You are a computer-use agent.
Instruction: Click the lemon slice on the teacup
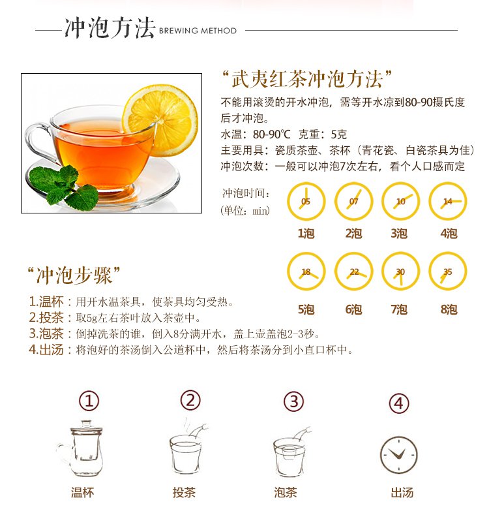pos(160,120)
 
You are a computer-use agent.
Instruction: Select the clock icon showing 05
pos(306,201)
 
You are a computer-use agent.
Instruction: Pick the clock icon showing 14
pos(448,201)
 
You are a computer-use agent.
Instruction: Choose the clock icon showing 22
pos(354,272)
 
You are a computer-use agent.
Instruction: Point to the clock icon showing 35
pos(448,272)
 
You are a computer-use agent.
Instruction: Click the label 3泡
pos(399,234)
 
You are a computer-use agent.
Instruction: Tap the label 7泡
pos(399,309)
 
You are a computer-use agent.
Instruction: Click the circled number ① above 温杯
pos(89,401)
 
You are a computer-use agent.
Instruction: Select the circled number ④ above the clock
pos(399,403)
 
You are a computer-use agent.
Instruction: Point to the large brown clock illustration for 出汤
pos(399,455)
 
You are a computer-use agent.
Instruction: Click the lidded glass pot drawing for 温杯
pos(80,448)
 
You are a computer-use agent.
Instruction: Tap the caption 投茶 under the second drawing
pos(184,492)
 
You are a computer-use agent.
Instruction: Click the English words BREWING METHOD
pos(198,31)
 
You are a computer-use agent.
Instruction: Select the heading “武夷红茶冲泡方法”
pos(307,79)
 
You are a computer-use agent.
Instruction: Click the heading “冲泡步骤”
pos(74,275)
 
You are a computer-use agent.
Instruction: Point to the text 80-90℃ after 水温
pos(272,134)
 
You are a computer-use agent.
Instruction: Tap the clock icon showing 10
pos(401,201)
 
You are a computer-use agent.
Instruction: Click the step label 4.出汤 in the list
pos(46,350)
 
